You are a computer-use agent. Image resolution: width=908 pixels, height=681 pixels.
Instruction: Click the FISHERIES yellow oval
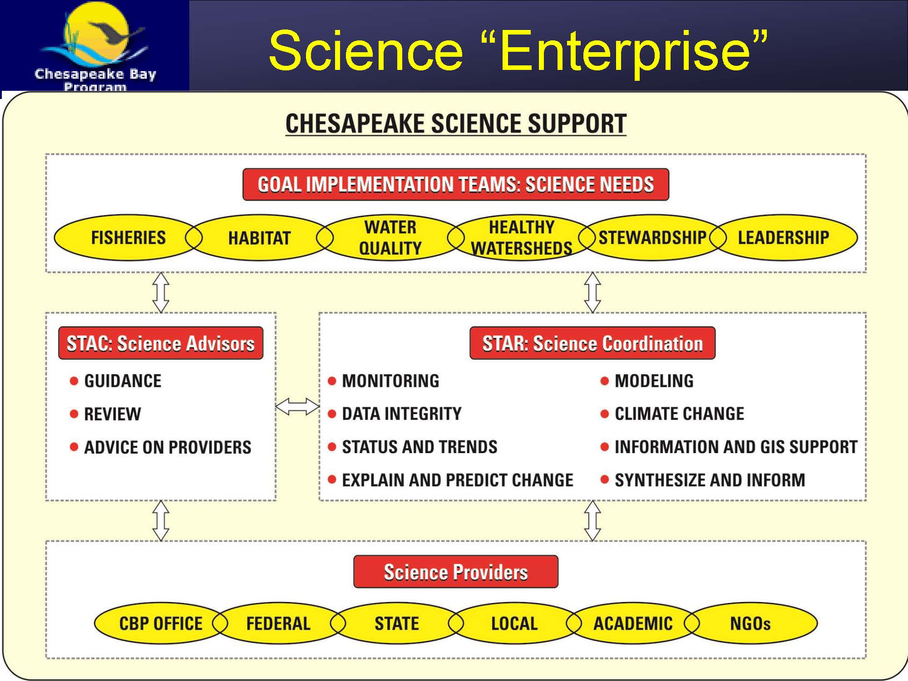point(128,237)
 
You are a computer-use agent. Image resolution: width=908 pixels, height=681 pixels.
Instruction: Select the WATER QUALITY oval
point(390,237)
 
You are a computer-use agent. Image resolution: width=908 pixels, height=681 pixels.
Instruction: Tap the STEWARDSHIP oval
point(652,237)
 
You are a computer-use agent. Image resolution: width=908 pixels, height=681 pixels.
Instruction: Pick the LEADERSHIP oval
point(784,237)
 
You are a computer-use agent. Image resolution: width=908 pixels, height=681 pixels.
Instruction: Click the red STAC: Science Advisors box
point(161,343)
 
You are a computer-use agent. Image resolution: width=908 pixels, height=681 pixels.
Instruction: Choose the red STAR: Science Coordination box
point(592,343)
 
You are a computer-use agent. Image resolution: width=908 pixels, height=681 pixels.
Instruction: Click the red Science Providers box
point(456,572)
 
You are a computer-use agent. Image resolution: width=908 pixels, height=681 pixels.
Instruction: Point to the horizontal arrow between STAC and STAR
point(297,406)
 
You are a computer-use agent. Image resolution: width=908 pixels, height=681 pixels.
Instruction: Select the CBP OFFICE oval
point(161,623)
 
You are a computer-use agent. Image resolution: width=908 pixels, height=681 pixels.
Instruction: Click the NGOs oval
point(750,623)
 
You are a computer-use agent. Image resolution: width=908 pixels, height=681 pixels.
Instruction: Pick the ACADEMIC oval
point(633,623)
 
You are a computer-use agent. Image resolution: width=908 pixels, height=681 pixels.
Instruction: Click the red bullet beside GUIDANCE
point(74,380)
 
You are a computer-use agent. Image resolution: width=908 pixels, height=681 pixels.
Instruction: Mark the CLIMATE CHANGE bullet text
point(679,414)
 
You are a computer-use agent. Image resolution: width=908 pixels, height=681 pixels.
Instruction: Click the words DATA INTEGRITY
point(402,414)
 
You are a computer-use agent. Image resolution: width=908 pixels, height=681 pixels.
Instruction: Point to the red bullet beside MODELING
point(604,380)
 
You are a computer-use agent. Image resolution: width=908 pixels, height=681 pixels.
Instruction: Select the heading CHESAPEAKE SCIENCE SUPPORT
point(456,123)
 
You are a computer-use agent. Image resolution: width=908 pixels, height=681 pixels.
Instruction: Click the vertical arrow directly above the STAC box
point(161,292)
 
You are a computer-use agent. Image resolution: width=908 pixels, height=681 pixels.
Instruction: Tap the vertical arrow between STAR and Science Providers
point(592,521)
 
